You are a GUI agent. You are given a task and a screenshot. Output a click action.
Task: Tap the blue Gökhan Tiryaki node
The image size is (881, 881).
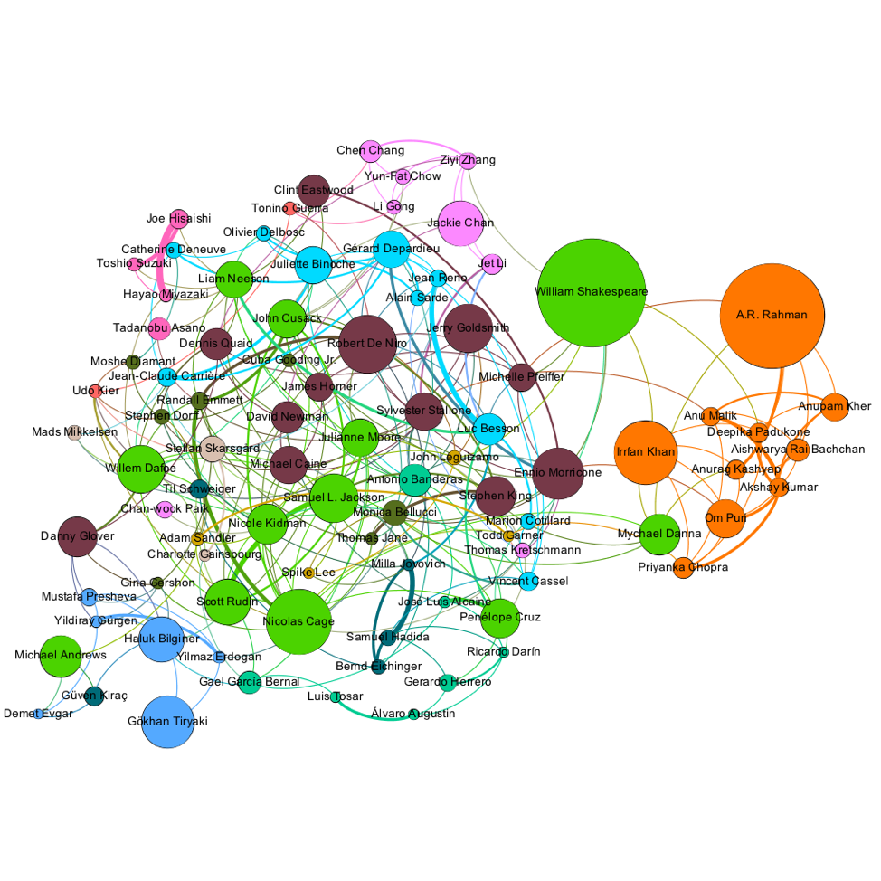click(168, 722)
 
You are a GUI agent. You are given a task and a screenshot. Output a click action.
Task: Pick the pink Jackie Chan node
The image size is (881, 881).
click(460, 223)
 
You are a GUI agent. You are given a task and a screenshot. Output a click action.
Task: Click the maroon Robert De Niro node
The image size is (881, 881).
click(366, 344)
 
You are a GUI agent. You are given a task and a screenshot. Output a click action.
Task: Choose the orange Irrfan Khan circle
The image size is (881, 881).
click(645, 451)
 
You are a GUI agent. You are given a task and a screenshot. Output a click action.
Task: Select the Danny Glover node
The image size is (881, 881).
click(77, 535)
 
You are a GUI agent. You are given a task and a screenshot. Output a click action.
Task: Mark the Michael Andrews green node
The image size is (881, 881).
click(61, 656)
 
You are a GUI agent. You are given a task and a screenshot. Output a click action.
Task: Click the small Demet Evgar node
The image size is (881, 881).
click(38, 714)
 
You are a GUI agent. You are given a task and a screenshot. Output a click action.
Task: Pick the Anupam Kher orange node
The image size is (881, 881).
click(834, 406)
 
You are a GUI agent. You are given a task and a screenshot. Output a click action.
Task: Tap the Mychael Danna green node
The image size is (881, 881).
click(659, 534)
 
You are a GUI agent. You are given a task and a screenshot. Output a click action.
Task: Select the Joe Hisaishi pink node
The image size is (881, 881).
click(179, 218)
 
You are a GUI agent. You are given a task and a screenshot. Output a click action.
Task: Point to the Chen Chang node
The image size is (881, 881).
click(371, 150)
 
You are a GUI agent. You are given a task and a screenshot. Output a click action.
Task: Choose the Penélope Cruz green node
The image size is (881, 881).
click(499, 617)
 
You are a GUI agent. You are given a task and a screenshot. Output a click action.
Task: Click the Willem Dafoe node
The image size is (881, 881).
click(140, 468)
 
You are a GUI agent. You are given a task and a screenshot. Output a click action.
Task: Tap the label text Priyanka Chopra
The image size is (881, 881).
click(683, 567)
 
